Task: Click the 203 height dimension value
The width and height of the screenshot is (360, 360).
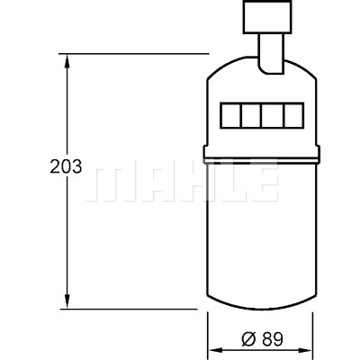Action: point(66,166)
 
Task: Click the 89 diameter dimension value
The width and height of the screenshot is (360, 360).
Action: point(273,339)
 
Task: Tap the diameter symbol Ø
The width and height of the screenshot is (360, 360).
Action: point(248,339)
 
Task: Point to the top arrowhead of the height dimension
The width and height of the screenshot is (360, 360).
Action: point(67,61)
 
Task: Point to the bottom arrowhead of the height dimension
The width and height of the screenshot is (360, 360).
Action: point(67,301)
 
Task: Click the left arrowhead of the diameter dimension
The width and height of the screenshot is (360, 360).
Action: point(215,350)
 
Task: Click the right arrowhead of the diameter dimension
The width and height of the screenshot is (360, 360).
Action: point(306,350)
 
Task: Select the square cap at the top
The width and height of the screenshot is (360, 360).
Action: point(267,16)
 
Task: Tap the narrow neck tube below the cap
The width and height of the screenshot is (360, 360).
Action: point(271,53)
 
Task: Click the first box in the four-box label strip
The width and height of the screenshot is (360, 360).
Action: point(231,115)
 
